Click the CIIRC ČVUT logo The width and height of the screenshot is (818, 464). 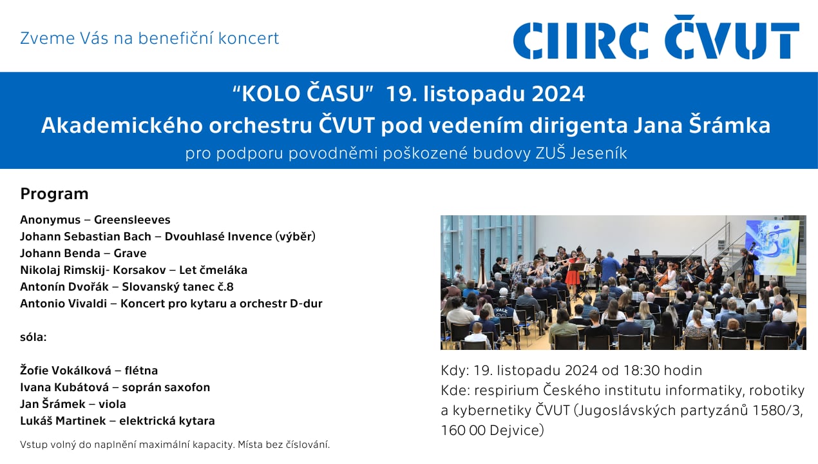pyautogui.click(x=656, y=37)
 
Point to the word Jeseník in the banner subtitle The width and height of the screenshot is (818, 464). pyautogui.click(x=598, y=153)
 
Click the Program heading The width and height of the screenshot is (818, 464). pyautogui.click(x=54, y=194)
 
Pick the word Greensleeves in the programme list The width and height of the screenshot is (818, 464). pyautogui.click(x=132, y=220)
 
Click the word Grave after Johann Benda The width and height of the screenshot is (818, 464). pyautogui.click(x=130, y=253)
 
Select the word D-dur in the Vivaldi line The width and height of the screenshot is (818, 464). pyautogui.click(x=306, y=304)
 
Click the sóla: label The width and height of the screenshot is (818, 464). pyautogui.click(x=33, y=337)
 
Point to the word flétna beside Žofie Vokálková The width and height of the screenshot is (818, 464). pyautogui.click(x=141, y=371)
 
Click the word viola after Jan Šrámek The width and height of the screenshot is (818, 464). pyautogui.click(x=112, y=404)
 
